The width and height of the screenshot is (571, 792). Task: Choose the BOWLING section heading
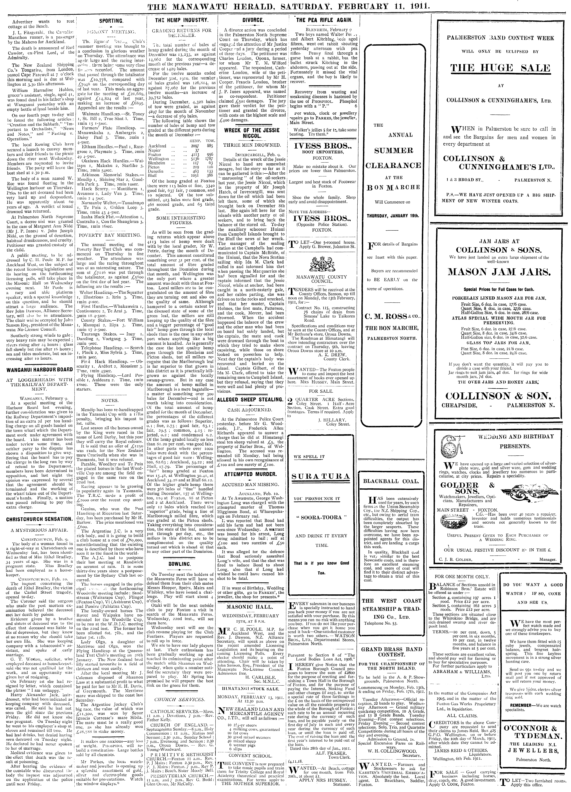tap(181, 564)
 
